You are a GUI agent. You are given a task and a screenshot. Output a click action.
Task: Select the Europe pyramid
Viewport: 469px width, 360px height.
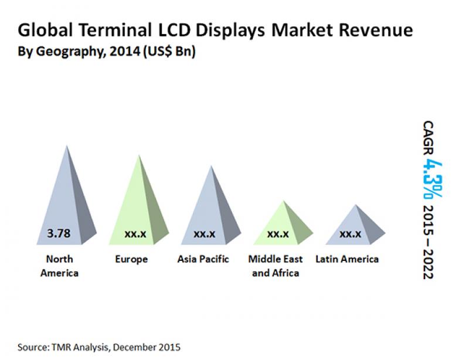140,205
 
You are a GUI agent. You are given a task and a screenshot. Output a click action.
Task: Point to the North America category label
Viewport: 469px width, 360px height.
60,266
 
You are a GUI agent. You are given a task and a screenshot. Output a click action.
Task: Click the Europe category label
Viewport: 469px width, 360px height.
132,259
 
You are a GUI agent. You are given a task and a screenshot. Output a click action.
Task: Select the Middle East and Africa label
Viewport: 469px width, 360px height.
276,266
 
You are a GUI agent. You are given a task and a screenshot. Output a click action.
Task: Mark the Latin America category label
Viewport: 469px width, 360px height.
347,259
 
